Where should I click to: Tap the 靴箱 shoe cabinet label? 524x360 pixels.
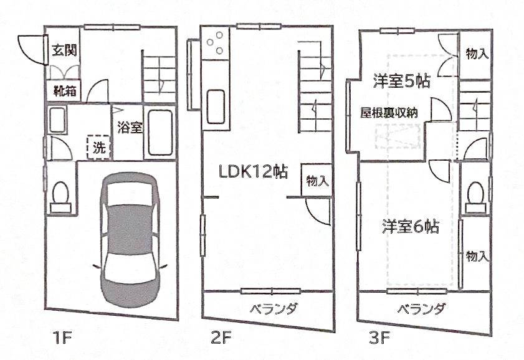pos(64,91)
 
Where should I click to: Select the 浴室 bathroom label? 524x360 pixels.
pos(130,128)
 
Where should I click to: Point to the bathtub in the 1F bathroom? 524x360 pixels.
pos(161,133)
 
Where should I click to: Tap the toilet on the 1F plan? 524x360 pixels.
pos(62,192)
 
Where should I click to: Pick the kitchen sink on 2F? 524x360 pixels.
pos(216,101)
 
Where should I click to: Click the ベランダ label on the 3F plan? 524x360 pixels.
pos(422,309)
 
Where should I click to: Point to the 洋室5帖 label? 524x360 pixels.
pos(402,81)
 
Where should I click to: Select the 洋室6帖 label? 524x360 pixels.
pos(409,227)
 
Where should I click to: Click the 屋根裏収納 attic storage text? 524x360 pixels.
pos(389,112)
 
